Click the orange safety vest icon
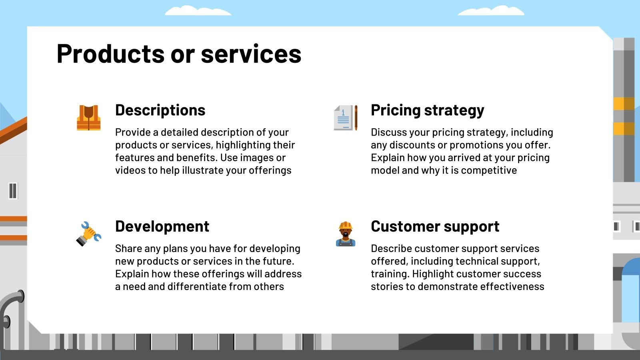[88, 118]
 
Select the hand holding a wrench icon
[88, 234]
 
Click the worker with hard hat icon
[346, 234]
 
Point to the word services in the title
[251, 54]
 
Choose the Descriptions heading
[160, 110]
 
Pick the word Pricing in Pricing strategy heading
[395, 110]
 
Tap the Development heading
[162, 226]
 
